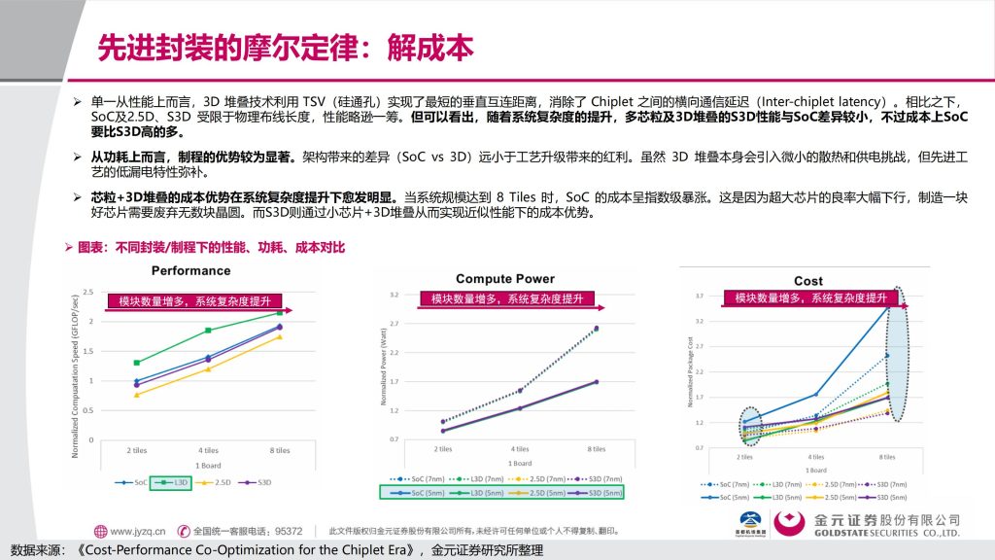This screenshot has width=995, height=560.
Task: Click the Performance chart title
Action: pos(190,270)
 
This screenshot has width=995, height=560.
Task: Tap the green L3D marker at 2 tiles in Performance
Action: pos(137,363)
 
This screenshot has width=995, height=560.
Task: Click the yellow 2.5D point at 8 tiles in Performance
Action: pos(280,336)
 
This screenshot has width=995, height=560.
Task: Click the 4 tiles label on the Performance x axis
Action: pos(208,450)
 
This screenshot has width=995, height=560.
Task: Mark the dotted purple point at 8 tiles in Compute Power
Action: pos(596,329)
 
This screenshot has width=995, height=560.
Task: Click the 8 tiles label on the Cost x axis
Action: pos(885,456)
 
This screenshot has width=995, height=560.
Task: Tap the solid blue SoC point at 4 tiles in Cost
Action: pos(815,394)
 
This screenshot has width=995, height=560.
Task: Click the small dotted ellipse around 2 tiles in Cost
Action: pos(748,426)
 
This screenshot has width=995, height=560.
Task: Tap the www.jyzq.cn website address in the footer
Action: pos(137,532)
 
